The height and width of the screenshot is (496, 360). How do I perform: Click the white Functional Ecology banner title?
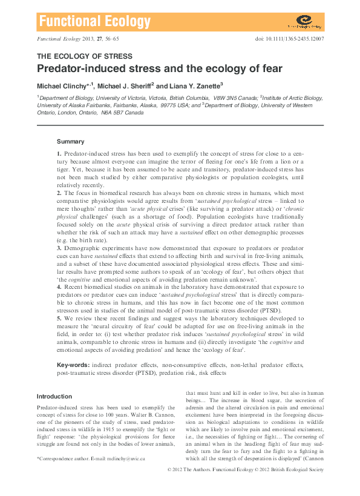[94, 22]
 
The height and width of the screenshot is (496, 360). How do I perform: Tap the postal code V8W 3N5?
[222, 97]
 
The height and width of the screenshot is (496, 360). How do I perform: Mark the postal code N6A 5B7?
[112, 112]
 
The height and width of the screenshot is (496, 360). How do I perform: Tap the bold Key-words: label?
[73, 365]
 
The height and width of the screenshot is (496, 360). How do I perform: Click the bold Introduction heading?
[54, 396]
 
